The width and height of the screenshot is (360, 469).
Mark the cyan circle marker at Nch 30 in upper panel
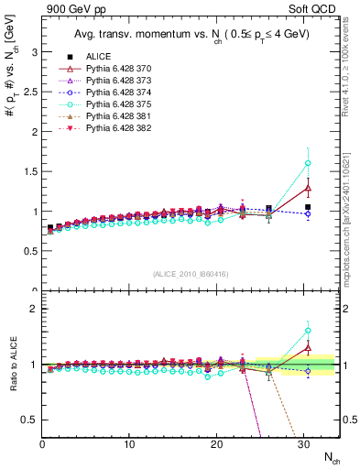coord(308,163)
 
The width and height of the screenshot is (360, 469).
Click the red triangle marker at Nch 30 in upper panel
coord(308,188)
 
